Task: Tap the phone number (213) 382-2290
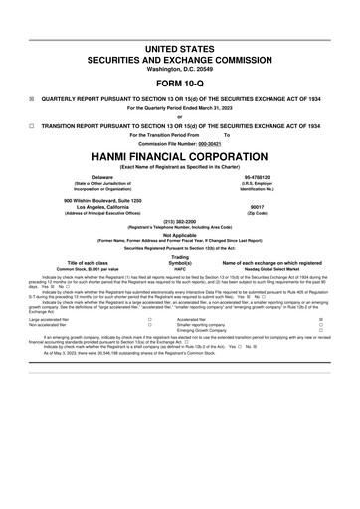[179, 221]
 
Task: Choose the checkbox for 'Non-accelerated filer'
[149, 326]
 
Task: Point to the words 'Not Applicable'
[179, 235]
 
